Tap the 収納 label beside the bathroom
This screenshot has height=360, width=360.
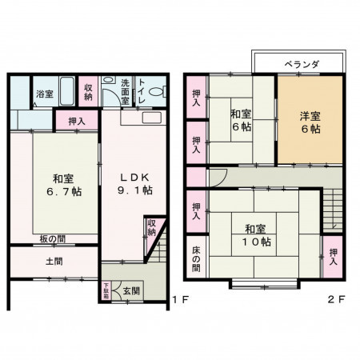[x=88, y=92]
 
